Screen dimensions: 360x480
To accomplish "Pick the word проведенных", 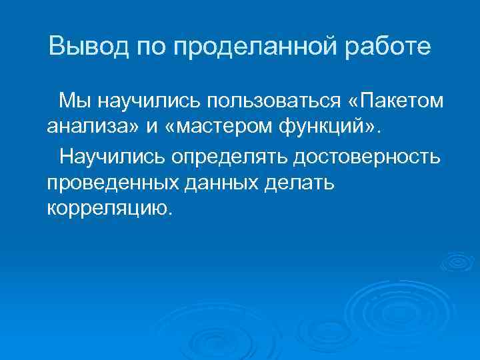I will [x=107, y=183].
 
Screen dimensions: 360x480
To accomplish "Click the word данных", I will [x=217, y=183].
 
